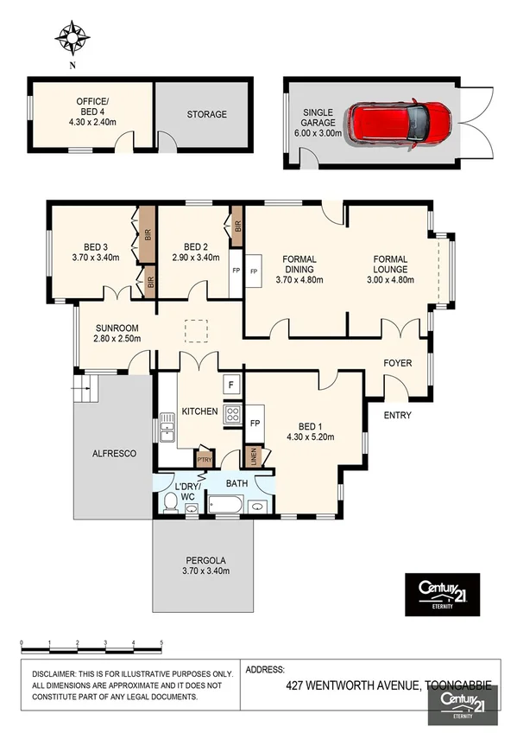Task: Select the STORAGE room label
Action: [207, 114]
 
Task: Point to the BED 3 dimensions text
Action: [95, 257]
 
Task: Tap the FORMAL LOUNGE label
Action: [396, 264]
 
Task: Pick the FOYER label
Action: [397, 363]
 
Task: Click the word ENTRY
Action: [397, 416]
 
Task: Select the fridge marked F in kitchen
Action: [231, 384]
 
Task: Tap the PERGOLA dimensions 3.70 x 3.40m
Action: [204, 571]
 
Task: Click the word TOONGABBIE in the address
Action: [457, 685]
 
